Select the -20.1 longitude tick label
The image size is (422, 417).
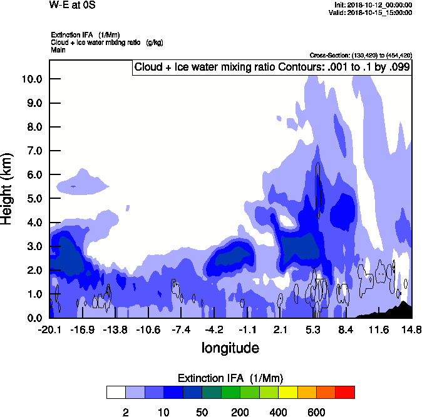coord(49,329)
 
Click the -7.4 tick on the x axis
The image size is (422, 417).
coord(180,329)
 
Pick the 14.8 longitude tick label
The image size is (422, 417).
coord(411,329)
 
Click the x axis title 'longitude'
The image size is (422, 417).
coord(230,347)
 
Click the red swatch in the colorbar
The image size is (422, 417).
coord(345,392)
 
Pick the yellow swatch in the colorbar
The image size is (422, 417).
coord(287,392)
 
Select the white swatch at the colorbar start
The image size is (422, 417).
coord(116,392)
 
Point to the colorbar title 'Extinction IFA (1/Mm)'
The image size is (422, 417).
coord(230,378)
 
